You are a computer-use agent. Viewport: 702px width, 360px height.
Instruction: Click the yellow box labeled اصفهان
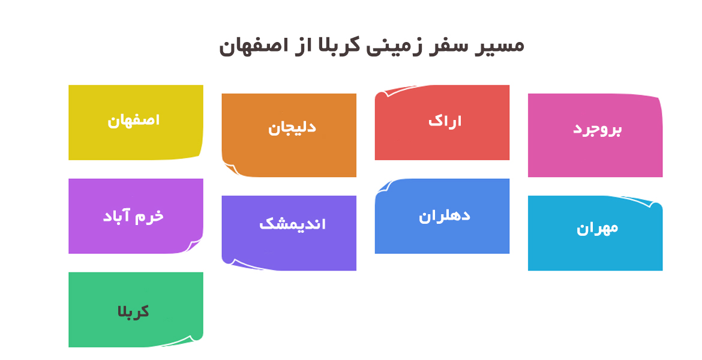coord(136,122)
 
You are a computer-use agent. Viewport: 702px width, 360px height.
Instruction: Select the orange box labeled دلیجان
coord(289,135)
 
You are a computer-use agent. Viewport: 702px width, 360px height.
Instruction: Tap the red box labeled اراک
coord(442,122)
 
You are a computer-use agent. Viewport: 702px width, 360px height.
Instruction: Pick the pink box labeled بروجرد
coord(595,135)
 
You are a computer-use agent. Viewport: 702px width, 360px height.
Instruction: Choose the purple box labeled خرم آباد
coord(136,216)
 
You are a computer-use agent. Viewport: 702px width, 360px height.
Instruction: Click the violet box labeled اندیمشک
coord(289,233)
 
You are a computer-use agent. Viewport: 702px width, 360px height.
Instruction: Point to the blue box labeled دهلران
coord(442,216)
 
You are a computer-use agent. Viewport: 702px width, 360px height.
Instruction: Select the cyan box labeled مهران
coord(595,233)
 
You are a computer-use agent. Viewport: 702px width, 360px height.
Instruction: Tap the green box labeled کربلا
coord(136,310)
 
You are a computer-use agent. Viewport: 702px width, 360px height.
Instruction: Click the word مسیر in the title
coord(499,45)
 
